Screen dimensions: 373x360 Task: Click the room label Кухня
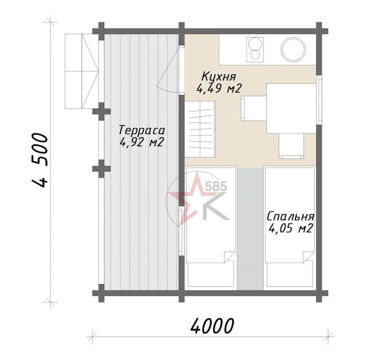pyautogui.click(x=219, y=77)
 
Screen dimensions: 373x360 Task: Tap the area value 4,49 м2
pyautogui.click(x=219, y=89)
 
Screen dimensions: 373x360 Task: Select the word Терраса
pyautogui.click(x=142, y=131)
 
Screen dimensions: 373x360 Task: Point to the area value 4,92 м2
pyautogui.click(x=142, y=142)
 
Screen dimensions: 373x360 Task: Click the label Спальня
pyautogui.click(x=290, y=217)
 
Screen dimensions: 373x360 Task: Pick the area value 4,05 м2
pyautogui.click(x=290, y=229)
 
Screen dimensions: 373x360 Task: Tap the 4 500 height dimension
pyautogui.click(x=40, y=160)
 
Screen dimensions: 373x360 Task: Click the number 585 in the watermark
pyautogui.click(x=215, y=186)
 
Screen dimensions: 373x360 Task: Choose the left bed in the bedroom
pyautogui.click(x=211, y=227)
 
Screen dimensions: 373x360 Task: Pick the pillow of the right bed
pyautogui.click(x=289, y=274)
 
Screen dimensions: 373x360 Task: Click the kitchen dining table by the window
pyautogui.click(x=292, y=108)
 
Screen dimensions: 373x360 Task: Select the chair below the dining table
pyautogui.click(x=292, y=146)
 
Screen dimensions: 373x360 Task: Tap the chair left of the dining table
pyautogui.click(x=253, y=108)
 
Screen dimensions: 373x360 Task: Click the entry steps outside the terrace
pyautogui.click(x=81, y=71)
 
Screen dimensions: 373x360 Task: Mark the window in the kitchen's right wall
pyautogui.click(x=319, y=100)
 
